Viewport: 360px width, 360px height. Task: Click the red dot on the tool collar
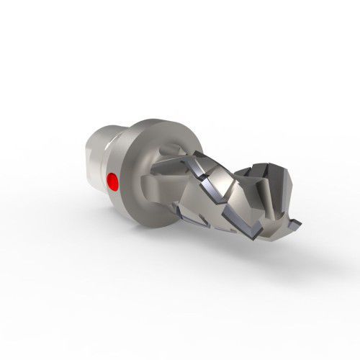(x=112, y=180)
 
